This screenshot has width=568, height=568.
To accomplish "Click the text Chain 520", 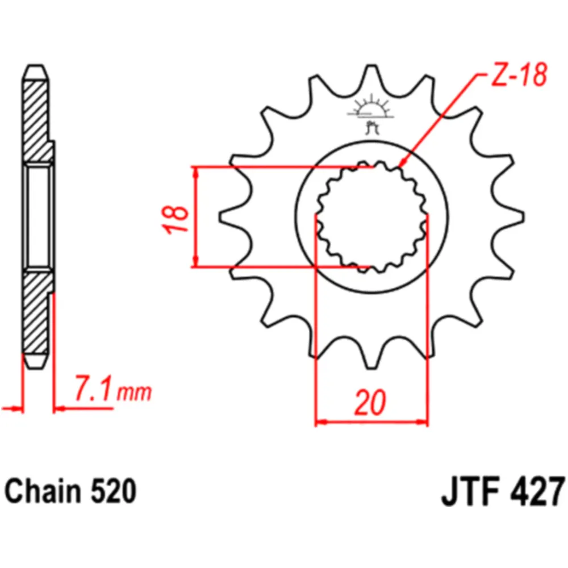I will (x=71, y=491).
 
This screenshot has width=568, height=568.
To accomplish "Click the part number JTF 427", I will (x=503, y=491).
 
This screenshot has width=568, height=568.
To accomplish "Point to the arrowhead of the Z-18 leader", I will (x=402, y=165).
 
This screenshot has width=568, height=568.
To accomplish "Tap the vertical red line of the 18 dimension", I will (x=197, y=216).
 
